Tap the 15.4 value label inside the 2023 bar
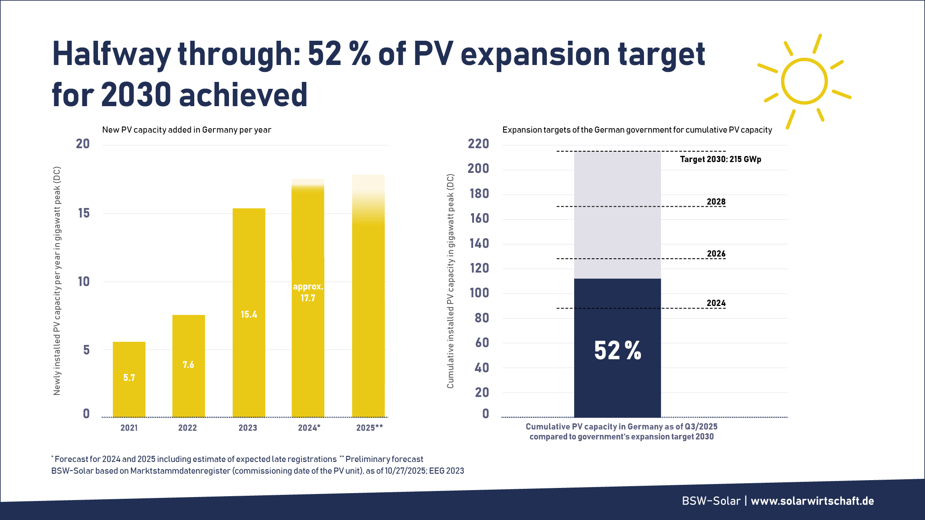(249, 315)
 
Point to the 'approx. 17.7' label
(308, 292)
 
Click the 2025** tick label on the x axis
(369, 428)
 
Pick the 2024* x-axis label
(309, 428)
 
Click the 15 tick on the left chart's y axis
(84, 213)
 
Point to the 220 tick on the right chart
(478, 144)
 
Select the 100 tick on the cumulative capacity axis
(479, 293)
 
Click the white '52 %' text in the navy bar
(618, 350)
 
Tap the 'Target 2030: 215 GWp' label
(720, 159)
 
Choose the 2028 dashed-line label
(716, 201)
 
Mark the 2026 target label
(716, 253)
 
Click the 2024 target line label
(716, 303)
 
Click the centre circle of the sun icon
(804, 81)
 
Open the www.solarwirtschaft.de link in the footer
(812, 501)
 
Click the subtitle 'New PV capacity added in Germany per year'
(186, 130)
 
